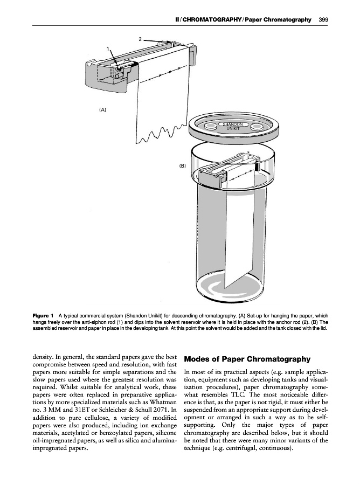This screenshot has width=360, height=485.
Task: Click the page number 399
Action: pos(323,19)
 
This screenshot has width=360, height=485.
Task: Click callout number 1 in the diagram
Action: pos(108,49)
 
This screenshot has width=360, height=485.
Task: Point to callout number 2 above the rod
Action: pos(140,39)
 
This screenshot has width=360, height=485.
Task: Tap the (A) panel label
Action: pos(102,109)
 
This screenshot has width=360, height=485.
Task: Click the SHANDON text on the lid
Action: pos(233,124)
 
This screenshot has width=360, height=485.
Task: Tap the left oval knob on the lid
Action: pos(211,127)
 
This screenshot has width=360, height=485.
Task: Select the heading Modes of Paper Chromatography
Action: pos(247,359)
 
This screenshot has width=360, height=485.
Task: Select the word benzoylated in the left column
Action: pos(119,442)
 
